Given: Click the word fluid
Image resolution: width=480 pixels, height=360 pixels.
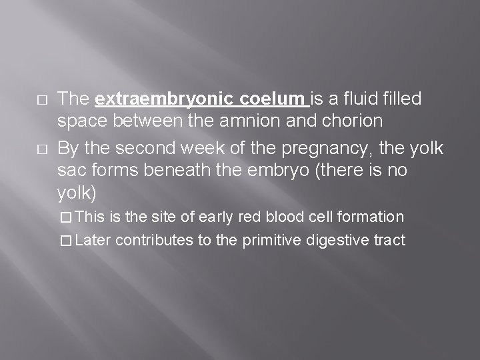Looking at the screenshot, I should point(361,100).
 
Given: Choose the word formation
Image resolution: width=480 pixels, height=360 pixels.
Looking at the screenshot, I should point(370,217).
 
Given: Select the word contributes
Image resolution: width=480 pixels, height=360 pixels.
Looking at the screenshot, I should point(155,241).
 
